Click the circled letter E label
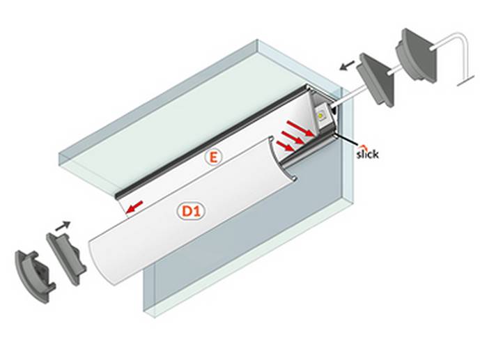pyautogui.click(x=212, y=157)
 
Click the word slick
pyautogui.click(x=367, y=154)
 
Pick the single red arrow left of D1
pyautogui.click(x=135, y=205)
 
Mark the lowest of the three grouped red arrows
pyautogui.click(x=284, y=145)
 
